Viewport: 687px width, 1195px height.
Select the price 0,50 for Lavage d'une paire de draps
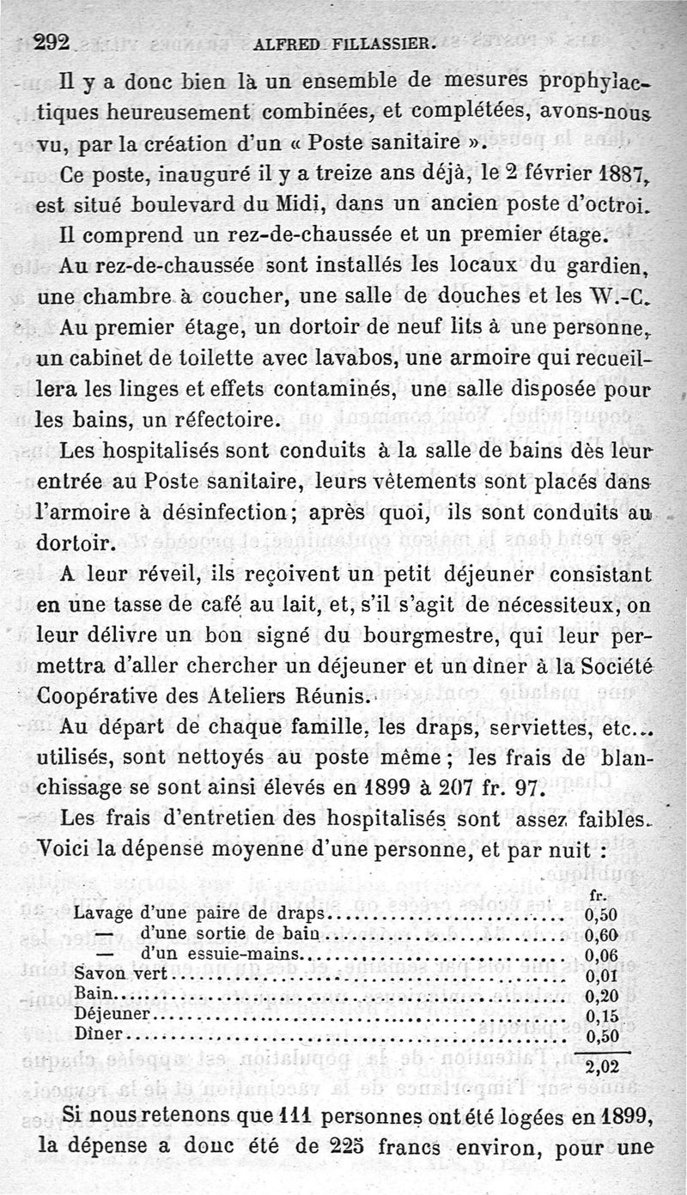[600, 913]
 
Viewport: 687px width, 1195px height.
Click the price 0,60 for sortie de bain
[600, 933]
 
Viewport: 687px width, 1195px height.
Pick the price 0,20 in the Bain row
[600, 996]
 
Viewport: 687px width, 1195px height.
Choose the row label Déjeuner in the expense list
[113, 1014]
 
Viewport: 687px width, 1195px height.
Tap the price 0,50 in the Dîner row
[600, 1034]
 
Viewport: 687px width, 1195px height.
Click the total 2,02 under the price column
[601, 1069]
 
